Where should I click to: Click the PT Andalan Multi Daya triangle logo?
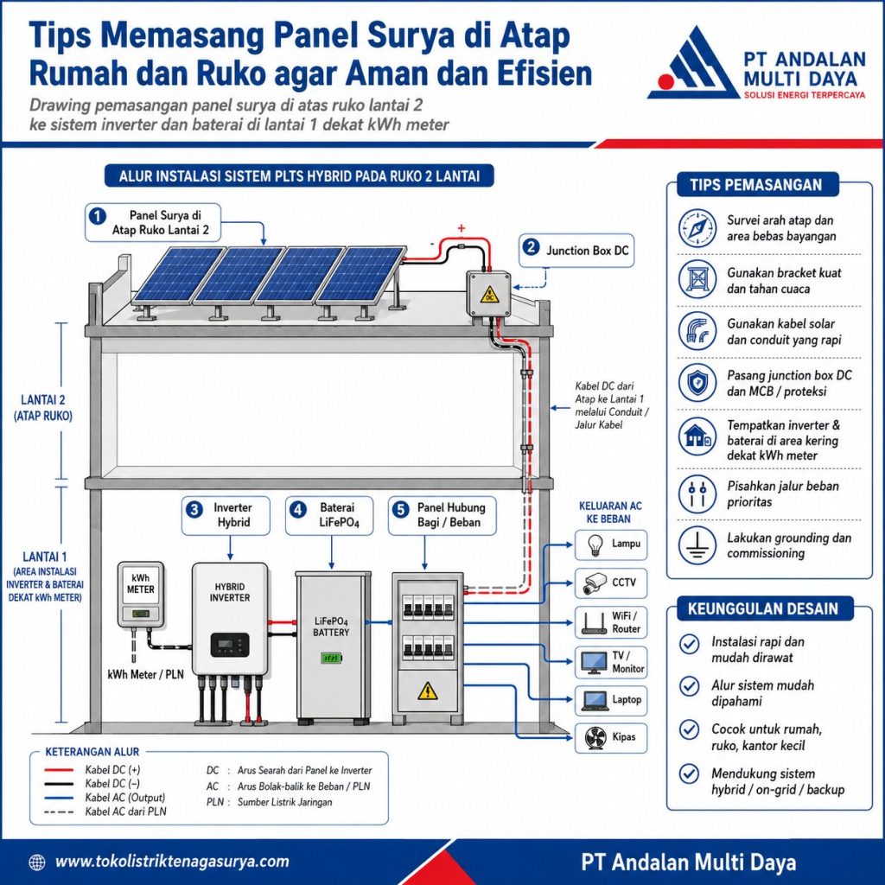pos(694,63)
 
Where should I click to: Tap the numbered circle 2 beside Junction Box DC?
pos(532,247)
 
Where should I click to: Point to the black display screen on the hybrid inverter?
pos(230,644)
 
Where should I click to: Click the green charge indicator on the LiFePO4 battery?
pos(331,658)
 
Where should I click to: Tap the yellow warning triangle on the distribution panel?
pos(427,690)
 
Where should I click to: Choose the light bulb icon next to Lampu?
pos(595,544)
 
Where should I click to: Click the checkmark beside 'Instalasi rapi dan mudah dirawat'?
pos(689,643)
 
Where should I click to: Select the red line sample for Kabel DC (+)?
pos(60,770)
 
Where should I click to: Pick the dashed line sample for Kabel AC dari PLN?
pos(60,812)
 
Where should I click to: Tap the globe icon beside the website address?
pos(36,862)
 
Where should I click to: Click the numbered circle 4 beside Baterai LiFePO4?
pos(298,510)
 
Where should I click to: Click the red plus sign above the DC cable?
pos(462,228)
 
